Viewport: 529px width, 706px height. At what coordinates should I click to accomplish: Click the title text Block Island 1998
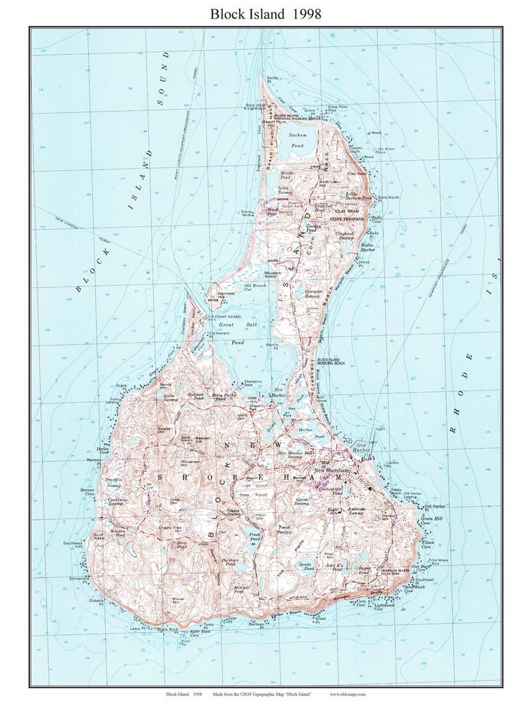(265, 13)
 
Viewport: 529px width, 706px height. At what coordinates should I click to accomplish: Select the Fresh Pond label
(254, 537)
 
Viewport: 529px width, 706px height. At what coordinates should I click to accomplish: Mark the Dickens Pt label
(96, 603)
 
